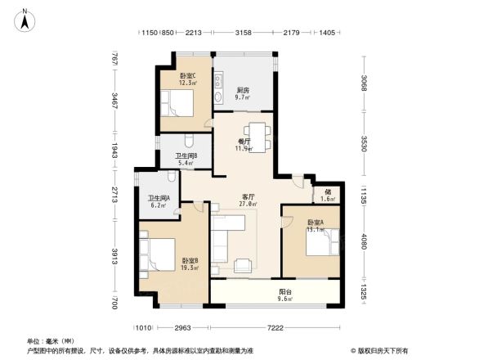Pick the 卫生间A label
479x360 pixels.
(x=158, y=200)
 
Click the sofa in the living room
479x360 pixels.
(x=223, y=242)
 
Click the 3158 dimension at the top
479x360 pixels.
(x=243, y=33)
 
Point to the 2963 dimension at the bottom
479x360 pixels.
(x=182, y=327)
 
